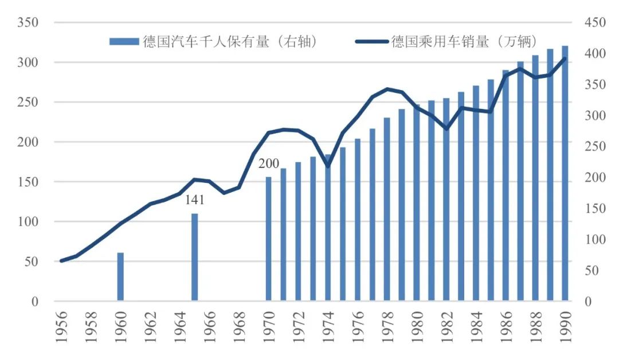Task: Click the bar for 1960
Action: click(x=120, y=276)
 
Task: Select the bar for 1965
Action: click(x=194, y=257)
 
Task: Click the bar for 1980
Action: click(x=417, y=203)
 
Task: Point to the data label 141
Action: click(x=194, y=201)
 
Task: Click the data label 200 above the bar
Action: click(x=268, y=164)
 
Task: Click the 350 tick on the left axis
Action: click(x=28, y=22)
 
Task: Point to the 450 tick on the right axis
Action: click(x=594, y=22)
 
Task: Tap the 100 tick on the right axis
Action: click(x=594, y=239)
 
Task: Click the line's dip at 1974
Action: click(x=328, y=166)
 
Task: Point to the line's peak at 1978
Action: click(x=387, y=89)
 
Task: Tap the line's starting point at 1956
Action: click(x=61, y=261)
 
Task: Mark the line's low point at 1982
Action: click(x=446, y=128)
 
